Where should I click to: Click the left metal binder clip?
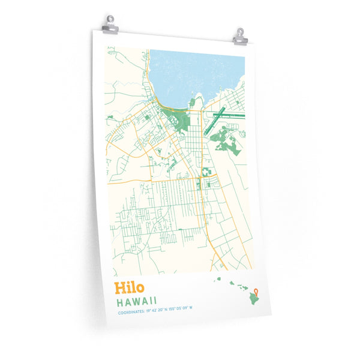[x=110, y=25]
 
